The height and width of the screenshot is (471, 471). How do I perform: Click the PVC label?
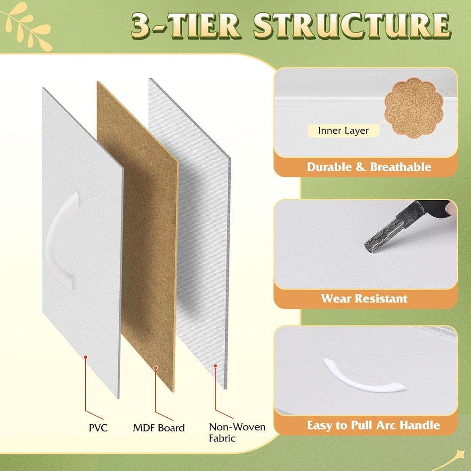pos(98,428)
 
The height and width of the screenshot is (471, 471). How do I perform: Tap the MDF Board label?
pos(159,428)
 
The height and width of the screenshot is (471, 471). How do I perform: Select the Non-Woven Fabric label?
pos(237,432)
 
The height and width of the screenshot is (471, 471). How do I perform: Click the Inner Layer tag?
pos(343,130)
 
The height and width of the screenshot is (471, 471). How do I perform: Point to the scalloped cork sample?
pos(414,108)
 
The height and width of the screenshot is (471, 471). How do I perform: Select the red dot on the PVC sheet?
pos(85,357)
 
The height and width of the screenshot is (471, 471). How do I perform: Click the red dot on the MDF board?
pos(155,368)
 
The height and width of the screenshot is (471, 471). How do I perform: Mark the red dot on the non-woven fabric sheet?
pos(215,366)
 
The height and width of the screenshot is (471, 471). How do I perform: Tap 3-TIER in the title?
pos(186,26)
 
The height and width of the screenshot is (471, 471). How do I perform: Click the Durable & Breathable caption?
pos(369,167)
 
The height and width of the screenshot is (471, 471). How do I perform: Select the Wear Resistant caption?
pos(364,299)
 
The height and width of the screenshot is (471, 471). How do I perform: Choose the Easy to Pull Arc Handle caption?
pos(374,425)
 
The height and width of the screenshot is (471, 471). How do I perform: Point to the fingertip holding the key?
pos(451,208)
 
